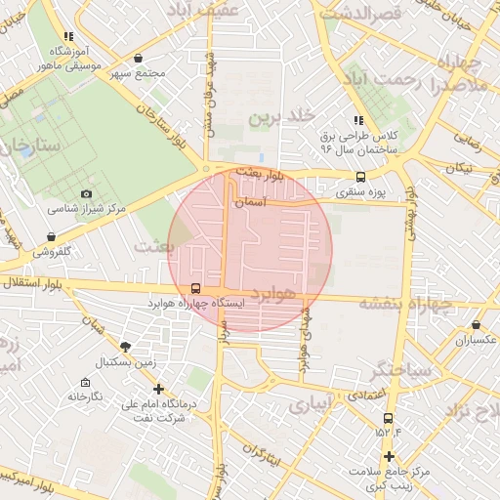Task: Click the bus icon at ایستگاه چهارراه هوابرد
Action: (196, 289)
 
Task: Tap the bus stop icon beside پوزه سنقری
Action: (361, 178)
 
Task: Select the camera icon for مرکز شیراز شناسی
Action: (87, 194)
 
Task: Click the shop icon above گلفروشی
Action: (50, 236)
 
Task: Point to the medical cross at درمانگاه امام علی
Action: (158, 389)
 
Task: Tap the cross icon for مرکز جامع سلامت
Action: (389, 457)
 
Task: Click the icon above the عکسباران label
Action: (476, 324)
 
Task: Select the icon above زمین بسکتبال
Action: (125, 347)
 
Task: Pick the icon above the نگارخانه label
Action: (85, 382)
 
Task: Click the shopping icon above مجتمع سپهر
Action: (138, 59)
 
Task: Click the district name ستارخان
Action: (29, 147)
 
